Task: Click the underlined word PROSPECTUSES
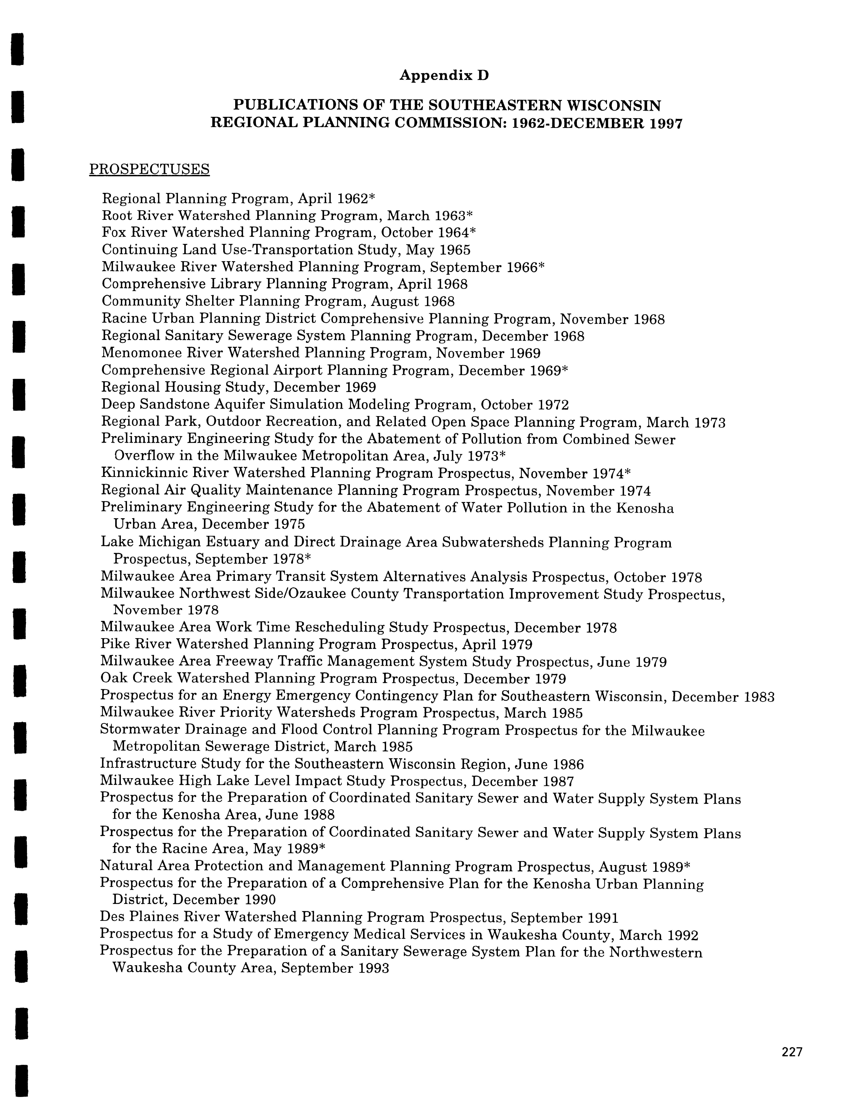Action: pos(149,169)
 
